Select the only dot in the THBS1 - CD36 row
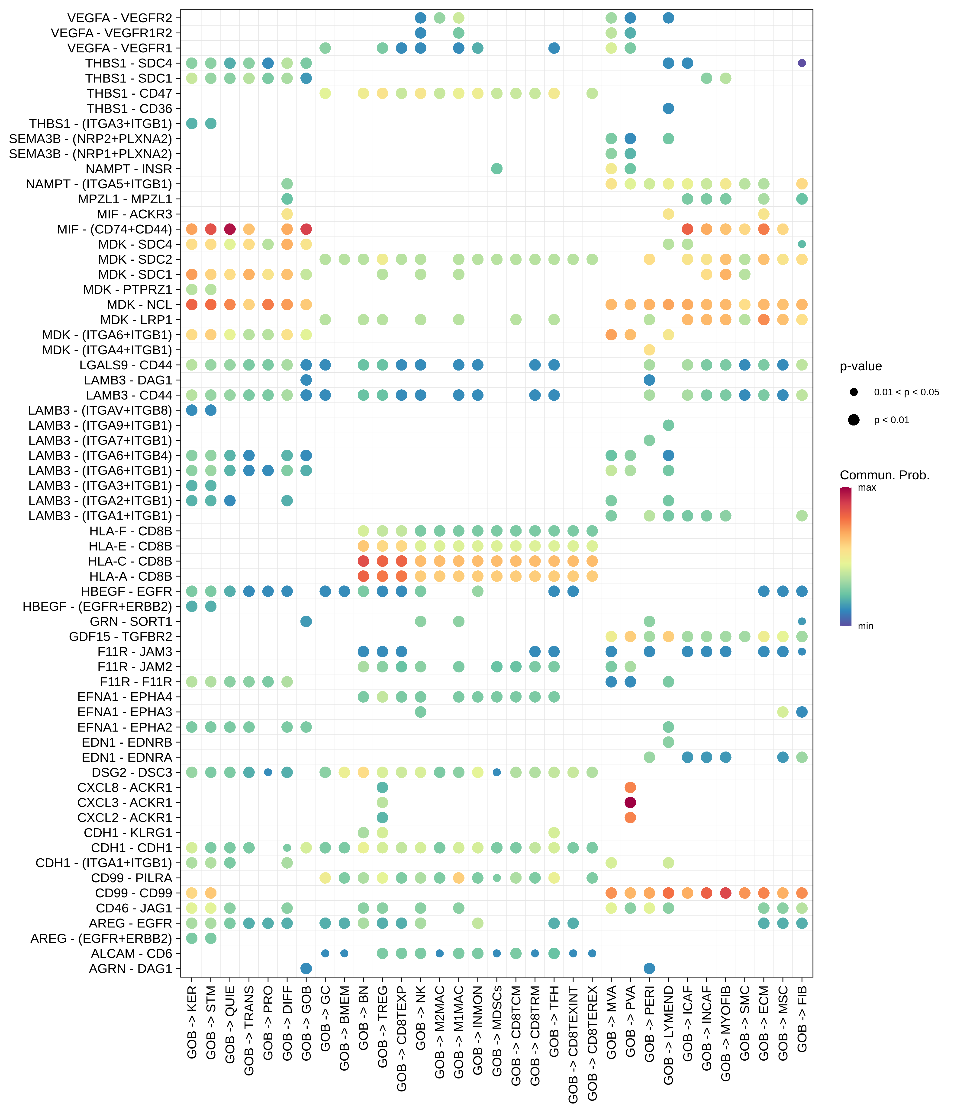pos(668,109)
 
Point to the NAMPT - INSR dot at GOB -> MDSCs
pos(497,169)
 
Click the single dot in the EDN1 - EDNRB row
pos(668,742)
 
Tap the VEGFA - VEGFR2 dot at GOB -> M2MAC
pos(440,18)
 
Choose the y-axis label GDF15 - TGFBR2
pos(120,636)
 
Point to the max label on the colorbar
pos(867,488)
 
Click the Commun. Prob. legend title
pos(884,475)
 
